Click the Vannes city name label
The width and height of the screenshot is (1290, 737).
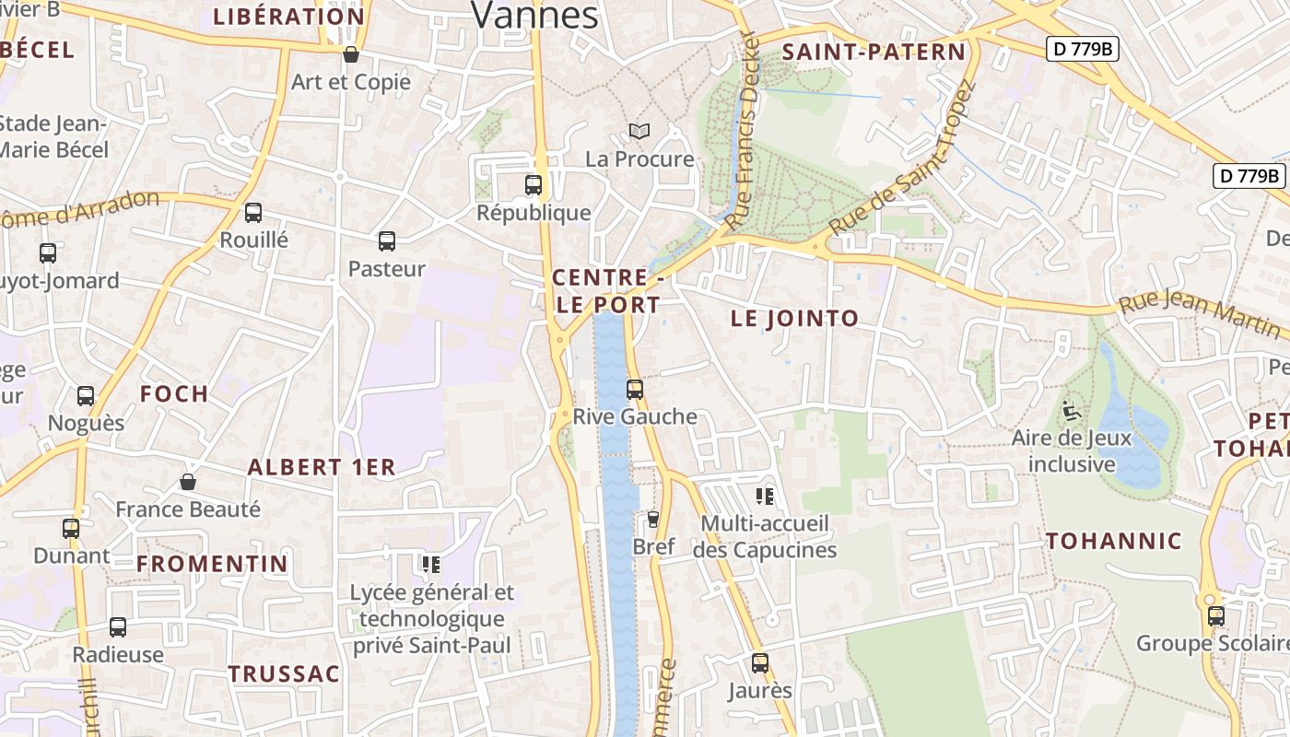(534, 14)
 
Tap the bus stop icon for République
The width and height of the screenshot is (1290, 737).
(533, 185)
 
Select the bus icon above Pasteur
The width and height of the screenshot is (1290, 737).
(387, 241)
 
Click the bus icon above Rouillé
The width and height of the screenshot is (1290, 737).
(253, 213)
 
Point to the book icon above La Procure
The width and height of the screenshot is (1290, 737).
(639, 132)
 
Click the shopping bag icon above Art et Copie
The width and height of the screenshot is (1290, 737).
(350, 54)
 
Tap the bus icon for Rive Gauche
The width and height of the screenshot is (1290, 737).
(634, 390)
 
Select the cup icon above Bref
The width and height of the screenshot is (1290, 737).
(653, 520)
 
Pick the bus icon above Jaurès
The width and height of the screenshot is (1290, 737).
(759, 663)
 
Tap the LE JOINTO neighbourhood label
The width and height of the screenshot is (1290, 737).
(794, 319)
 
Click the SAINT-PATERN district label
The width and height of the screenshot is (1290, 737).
(873, 53)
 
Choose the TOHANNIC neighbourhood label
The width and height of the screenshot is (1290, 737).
(1113, 541)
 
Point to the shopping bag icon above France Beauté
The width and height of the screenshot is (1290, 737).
(188, 482)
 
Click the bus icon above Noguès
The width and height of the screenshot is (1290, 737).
(86, 396)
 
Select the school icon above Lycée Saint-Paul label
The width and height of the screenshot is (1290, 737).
(430, 564)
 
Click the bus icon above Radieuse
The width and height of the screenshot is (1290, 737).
(118, 627)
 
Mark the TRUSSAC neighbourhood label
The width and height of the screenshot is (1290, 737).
(284, 673)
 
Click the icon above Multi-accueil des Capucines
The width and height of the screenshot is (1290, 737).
(764, 497)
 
